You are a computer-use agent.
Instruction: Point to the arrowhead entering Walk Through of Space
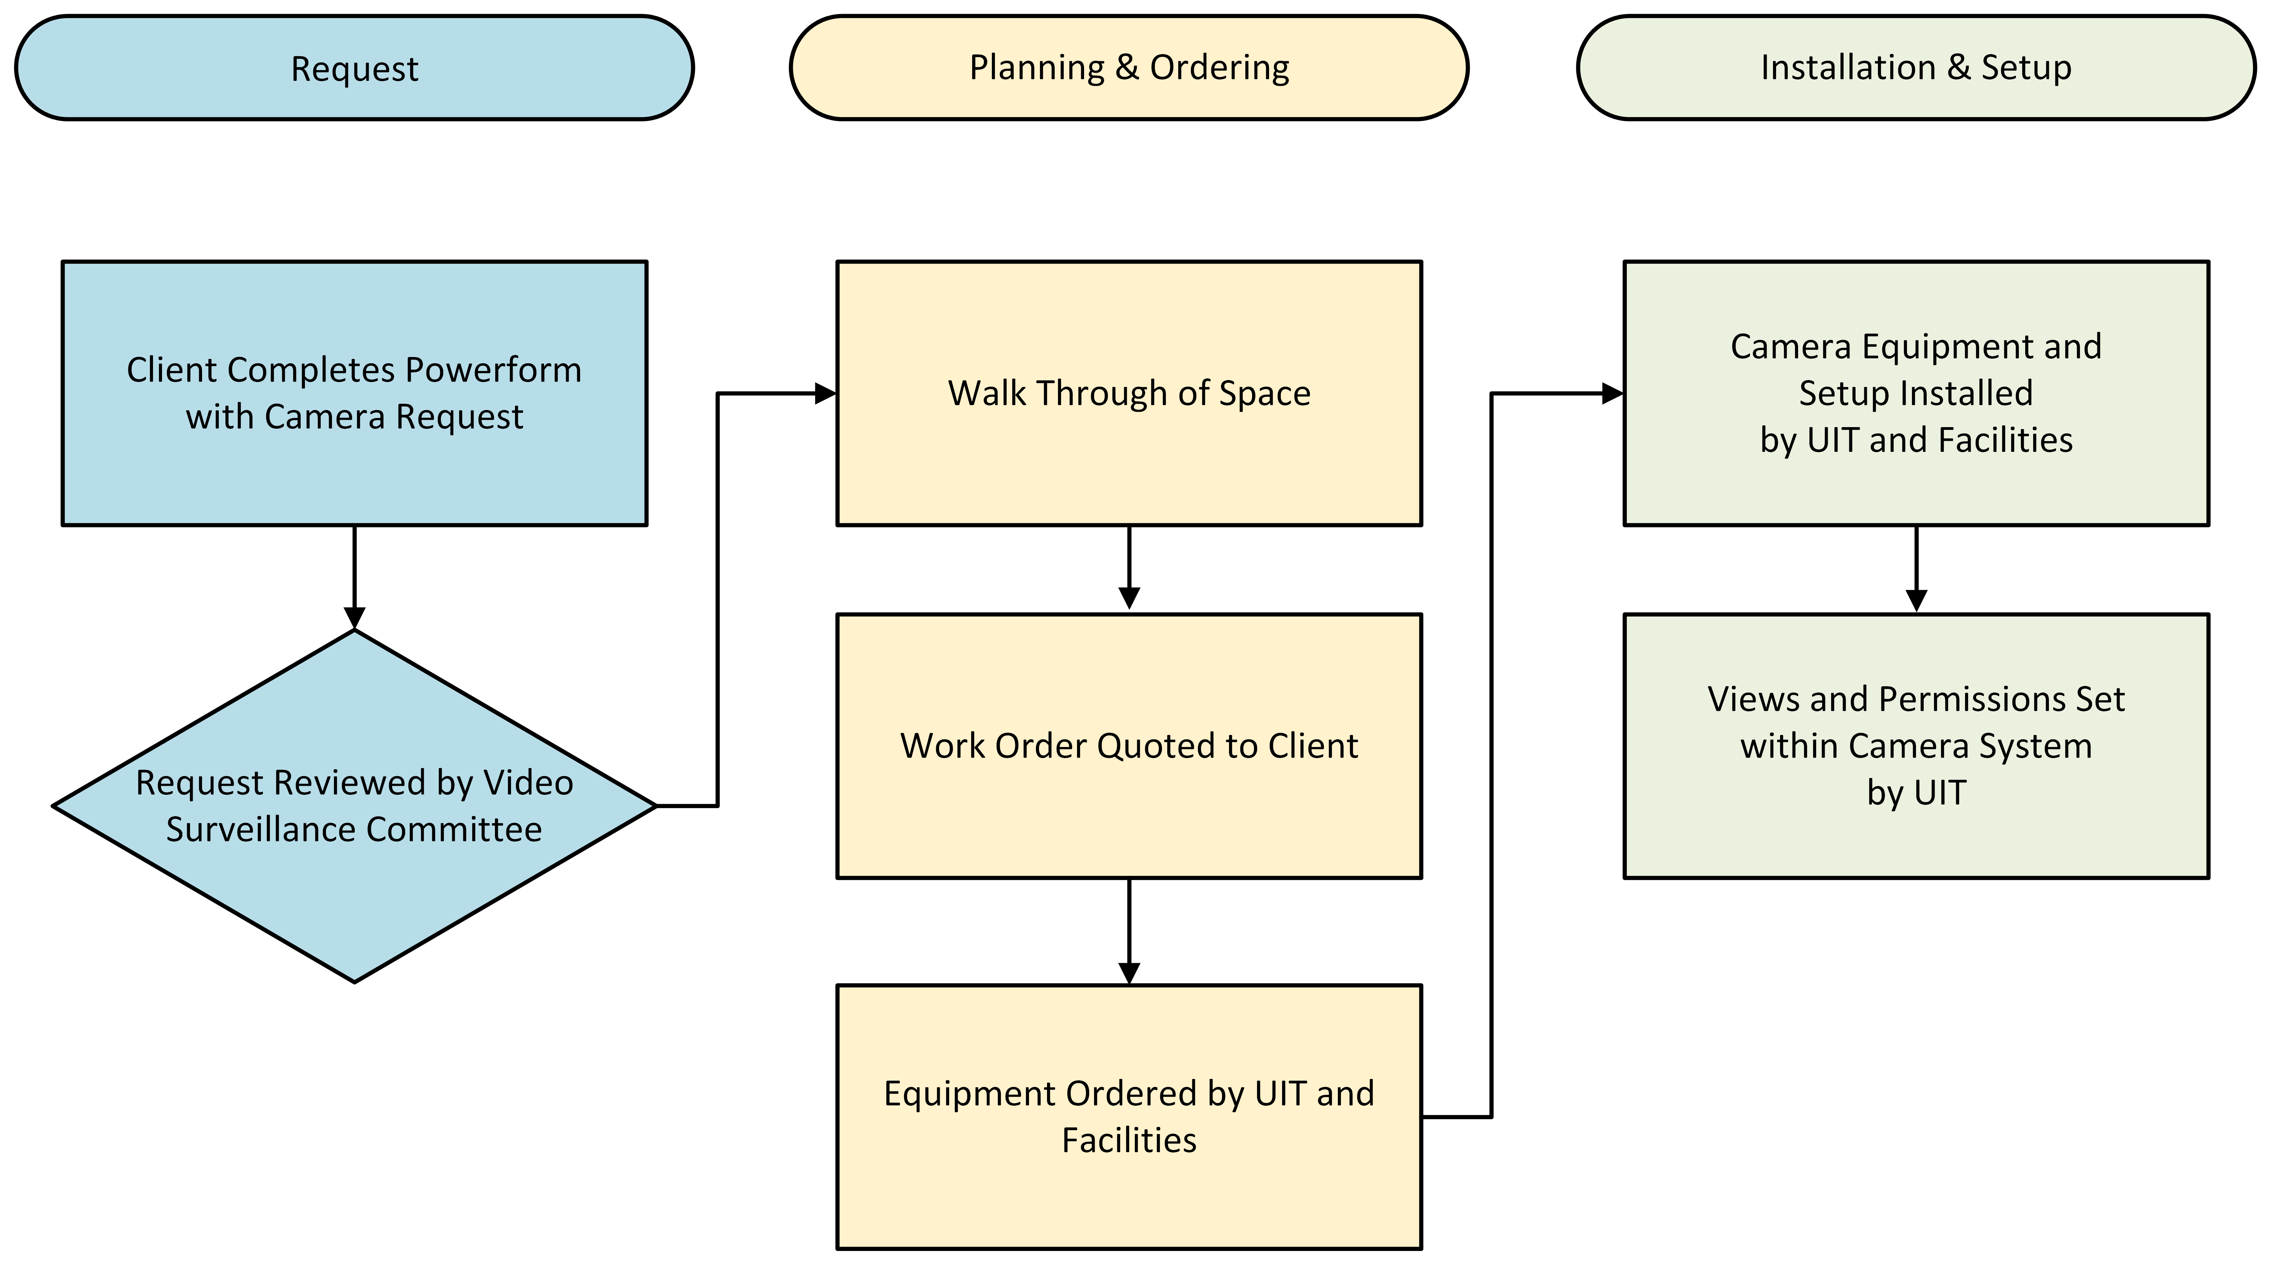[x=825, y=393]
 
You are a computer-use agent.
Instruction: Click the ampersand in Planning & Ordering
[x=1127, y=68]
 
